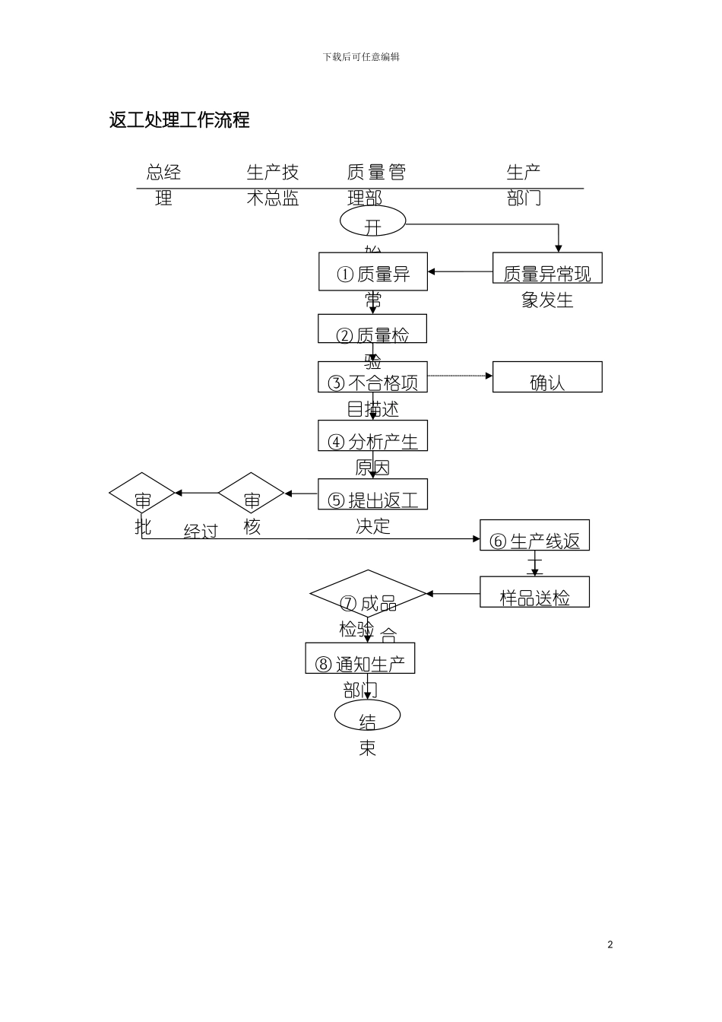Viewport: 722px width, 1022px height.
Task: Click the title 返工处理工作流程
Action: pos(179,120)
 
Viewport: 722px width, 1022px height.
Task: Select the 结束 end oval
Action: pos(367,716)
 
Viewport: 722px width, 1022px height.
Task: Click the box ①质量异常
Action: pos(372,271)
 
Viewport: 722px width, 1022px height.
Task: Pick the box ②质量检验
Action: pos(372,328)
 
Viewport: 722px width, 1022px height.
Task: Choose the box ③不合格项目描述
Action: pos(372,377)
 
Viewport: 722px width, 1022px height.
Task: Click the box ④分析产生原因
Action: pos(372,436)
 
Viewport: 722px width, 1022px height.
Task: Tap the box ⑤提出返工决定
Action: pos(372,494)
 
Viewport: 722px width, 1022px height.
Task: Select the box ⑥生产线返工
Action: pos(534,535)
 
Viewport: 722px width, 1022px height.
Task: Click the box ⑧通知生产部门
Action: pos(360,659)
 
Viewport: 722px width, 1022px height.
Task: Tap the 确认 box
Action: pos(547,377)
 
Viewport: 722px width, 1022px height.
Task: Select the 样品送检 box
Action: pos(534,592)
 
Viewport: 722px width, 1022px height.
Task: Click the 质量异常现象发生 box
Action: pos(547,268)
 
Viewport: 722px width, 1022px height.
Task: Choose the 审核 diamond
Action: pos(252,494)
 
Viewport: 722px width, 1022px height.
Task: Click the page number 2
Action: pos(610,944)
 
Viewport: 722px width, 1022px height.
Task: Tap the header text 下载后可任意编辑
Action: pos(361,57)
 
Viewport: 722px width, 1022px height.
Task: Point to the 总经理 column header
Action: pos(163,184)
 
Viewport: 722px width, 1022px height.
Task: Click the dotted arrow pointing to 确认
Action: pos(460,376)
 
